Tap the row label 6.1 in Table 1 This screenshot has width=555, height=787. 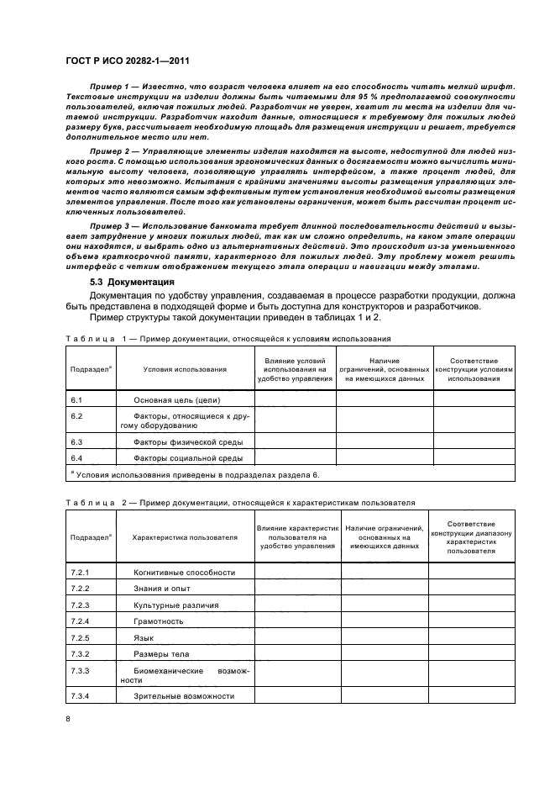(76, 400)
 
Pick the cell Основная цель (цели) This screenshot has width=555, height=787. (176, 400)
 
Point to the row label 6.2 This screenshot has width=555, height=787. (76, 416)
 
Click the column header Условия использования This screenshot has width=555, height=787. (184, 368)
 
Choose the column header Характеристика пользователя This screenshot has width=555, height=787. (184, 536)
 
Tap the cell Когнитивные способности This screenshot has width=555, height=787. (184, 572)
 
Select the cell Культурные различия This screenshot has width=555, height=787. (175, 605)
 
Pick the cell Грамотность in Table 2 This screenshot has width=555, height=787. (159, 621)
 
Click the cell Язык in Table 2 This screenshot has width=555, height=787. (144, 638)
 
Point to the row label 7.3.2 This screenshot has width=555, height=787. (81, 654)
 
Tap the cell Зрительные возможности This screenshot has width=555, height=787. (183, 695)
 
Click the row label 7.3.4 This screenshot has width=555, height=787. (81, 695)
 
